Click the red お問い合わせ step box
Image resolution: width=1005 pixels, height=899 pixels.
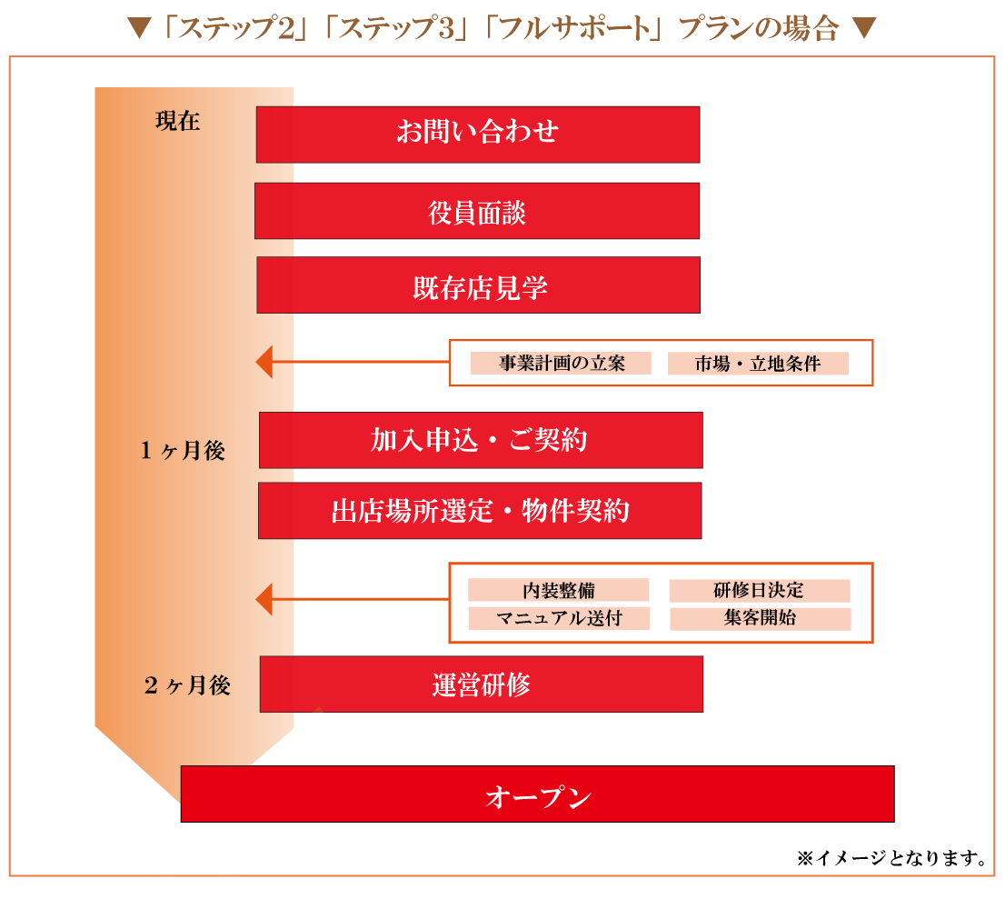pyautogui.click(x=478, y=135)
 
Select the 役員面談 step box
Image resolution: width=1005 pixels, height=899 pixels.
pyautogui.click(x=477, y=211)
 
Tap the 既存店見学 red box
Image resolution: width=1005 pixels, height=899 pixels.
pyautogui.click(x=479, y=285)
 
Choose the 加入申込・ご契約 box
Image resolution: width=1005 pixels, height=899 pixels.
pyautogui.click(x=481, y=440)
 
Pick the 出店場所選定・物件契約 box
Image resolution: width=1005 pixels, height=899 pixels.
pyautogui.click(x=480, y=510)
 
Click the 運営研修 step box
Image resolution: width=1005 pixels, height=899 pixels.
pyautogui.click(x=482, y=684)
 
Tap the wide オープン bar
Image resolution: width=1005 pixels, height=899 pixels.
pyautogui.click(x=537, y=794)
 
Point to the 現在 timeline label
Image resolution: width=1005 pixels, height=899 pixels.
pyautogui.click(x=177, y=122)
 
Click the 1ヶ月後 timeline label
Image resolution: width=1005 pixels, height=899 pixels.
pyautogui.click(x=183, y=451)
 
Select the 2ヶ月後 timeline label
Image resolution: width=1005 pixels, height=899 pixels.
pyautogui.click(x=187, y=686)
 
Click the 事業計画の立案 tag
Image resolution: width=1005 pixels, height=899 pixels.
pyautogui.click(x=561, y=364)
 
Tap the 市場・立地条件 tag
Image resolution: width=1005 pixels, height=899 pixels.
pyautogui.click(x=758, y=364)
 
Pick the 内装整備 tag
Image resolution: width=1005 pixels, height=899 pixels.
pyautogui.click(x=559, y=590)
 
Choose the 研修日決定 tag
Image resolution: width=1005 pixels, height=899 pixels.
pyautogui.click(x=760, y=590)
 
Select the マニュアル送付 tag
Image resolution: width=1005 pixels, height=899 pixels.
pyautogui.click(x=559, y=619)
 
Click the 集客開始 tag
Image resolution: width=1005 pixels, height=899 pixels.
pyautogui.click(x=760, y=619)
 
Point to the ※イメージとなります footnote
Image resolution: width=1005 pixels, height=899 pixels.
pyautogui.click(x=891, y=857)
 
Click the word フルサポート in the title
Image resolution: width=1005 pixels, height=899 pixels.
pyautogui.click(x=572, y=28)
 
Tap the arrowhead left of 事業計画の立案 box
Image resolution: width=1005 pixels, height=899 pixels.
pyautogui.click(x=264, y=362)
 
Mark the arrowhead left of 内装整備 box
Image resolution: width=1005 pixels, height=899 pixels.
pyautogui.click(x=264, y=599)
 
